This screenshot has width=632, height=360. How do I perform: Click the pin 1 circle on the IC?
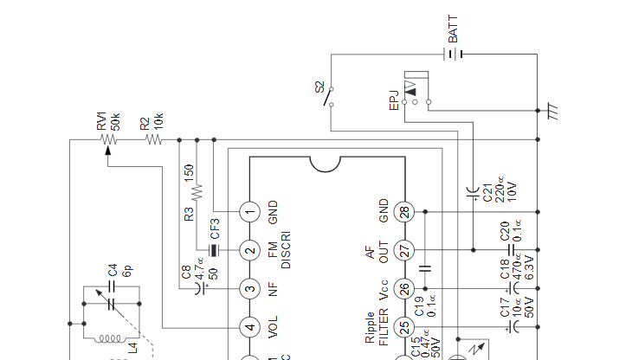tap(250, 212)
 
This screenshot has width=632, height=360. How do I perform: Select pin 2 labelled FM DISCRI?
tap(250, 250)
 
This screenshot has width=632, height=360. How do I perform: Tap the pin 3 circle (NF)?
tap(250, 289)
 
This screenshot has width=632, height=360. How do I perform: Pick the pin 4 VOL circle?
tap(250, 327)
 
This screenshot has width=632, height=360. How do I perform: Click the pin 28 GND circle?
tap(404, 212)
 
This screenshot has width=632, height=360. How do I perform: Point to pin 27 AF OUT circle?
tap(404, 250)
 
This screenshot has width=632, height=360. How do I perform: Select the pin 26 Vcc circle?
tap(404, 289)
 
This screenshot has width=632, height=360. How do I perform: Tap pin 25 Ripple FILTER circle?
tap(404, 327)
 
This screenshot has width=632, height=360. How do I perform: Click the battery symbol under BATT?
tap(453, 54)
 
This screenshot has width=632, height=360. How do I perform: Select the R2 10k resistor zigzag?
tap(153, 139)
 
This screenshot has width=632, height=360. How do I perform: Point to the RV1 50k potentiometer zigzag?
tap(109, 139)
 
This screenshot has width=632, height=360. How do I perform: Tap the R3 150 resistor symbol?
tap(197, 192)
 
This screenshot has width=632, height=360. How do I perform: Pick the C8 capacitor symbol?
tap(200, 289)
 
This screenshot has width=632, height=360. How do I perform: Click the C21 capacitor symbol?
tap(473, 192)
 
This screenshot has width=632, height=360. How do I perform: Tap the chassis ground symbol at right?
tap(552, 111)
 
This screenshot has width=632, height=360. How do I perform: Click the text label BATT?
tap(453, 29)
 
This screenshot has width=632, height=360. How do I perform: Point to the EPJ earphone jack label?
tap(394, 100)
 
